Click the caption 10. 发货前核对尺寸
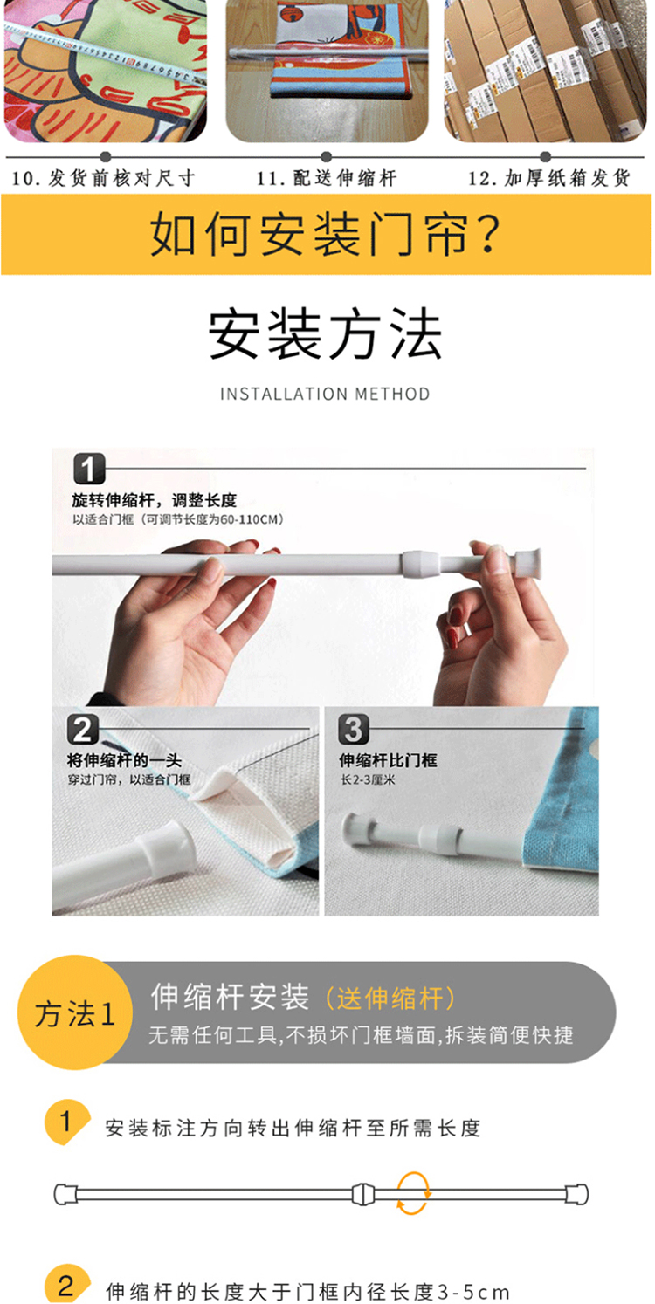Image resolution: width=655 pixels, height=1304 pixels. [x=103, y=178]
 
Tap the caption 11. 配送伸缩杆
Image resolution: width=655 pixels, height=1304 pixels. [x=327, y=178]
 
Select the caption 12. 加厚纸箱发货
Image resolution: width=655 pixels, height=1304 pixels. [x=549, y=178]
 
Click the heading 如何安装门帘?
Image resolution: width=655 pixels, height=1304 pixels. [x=325, y=234]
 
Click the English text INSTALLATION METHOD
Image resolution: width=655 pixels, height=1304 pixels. [x=325, y=395]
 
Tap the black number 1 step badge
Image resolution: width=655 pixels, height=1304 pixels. [x=89, y=470]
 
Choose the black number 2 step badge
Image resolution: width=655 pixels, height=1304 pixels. [x=83, y=730]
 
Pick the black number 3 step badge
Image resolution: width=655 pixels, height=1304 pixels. [x=354, y=730]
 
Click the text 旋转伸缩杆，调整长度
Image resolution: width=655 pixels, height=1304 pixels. [x=155, y=500]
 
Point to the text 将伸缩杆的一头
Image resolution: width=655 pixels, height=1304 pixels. [x=124, y=760]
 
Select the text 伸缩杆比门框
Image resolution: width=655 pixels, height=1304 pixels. [x=388, y=760]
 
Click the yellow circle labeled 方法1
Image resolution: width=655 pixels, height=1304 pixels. [x=75, y=1012]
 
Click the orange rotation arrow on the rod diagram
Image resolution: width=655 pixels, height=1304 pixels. [x=413, y=1193]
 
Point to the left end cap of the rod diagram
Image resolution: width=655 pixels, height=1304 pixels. [x=65, y=1194]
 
